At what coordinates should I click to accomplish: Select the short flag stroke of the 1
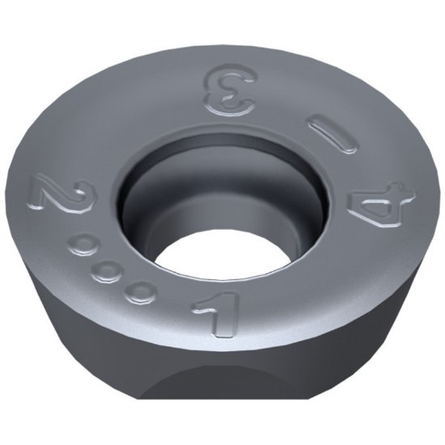pos(202,306)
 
